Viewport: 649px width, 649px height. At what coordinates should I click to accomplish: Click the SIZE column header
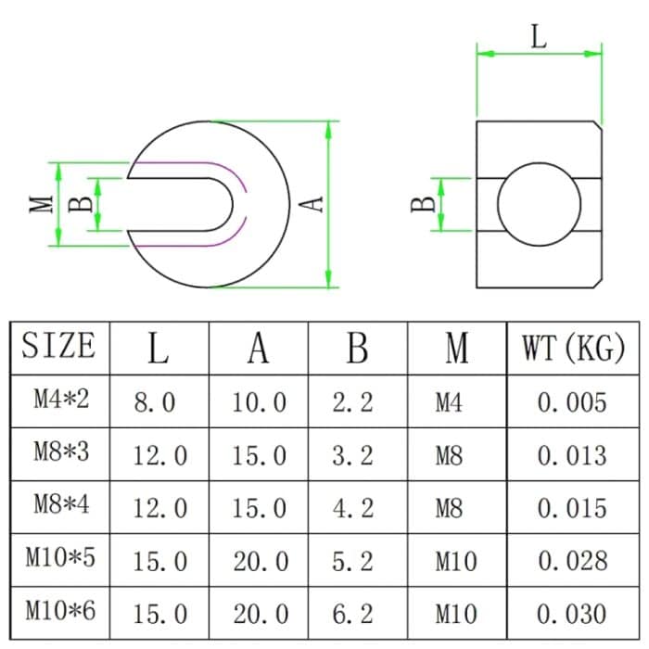[x=58, y=347]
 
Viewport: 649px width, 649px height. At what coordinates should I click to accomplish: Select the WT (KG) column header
[x=573, y=348]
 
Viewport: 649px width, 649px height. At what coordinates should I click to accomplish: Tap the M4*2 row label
[x=60, y=401]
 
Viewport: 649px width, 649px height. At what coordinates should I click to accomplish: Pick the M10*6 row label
[x=60, y=612]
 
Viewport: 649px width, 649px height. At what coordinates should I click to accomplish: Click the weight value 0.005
[x=572, y=402]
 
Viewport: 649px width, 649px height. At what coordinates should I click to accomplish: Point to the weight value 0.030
[x=572, y=613]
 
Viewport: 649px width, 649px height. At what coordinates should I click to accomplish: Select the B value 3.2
[x=352, y=455]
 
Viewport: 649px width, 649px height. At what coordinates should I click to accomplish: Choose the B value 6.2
[x=352, y=613]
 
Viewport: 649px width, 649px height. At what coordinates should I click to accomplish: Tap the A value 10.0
[x=260, y=402]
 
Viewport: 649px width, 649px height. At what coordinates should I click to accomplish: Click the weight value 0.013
[x=572, y=455]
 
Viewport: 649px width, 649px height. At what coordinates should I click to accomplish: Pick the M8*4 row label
[x=60, y=506]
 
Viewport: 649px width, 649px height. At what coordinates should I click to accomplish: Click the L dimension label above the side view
[x=539, y=37]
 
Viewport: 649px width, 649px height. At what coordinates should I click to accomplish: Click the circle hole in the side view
[x=539, y=204]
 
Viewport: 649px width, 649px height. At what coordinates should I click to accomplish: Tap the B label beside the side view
[x=422, y=204]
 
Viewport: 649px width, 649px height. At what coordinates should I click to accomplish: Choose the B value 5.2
[x=352, y=560]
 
